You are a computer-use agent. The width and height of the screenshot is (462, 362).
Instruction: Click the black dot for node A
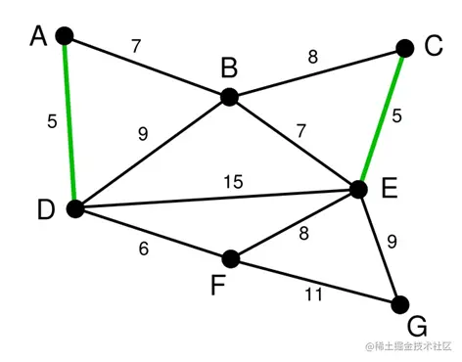pyautogui.click(x=65, y=36)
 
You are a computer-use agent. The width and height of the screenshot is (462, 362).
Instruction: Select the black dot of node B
pyautogui.click(x=229, y=96)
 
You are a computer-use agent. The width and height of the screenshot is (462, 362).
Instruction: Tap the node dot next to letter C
pyautogui.click(x=405, y=48)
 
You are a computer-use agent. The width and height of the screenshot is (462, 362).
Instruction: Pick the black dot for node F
pyautogui.click(x=231, y=258)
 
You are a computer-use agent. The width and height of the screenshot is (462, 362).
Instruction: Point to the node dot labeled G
pyautogui.click(x=399, y=303)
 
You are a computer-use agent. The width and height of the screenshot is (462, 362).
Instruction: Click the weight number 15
pyautogui.click(x=232, y=182)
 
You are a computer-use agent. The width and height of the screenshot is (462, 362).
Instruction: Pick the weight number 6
pyautogui.click(x=145, y=249)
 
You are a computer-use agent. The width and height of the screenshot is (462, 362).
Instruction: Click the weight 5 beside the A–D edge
pyautogui.click(x=52, y=122)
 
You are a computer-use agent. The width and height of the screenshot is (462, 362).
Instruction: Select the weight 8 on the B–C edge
pyautogui.click(x=312, y=57)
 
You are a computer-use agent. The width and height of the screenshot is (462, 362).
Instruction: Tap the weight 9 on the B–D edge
pyautogui.click(x=143, y=135)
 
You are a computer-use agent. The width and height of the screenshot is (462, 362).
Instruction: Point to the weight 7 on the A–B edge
pyautogui.click(x=136, y=46)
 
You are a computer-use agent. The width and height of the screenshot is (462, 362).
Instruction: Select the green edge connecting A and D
pyautogui.click(x=69, y=122)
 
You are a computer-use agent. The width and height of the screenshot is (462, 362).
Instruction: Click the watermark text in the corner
pyautogui.click(x=409, y=346)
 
